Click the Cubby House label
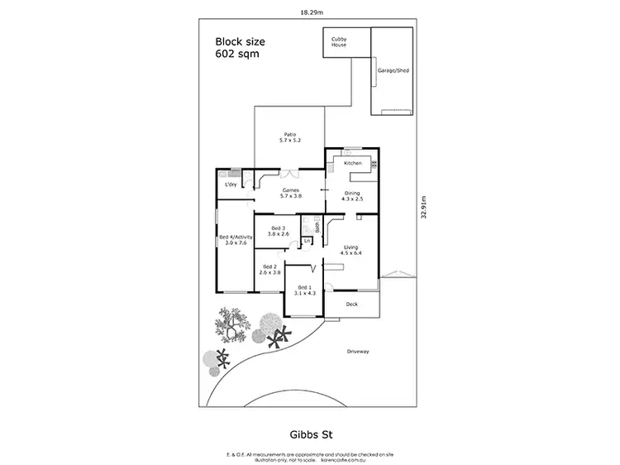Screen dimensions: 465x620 pyautogui.click(x=339, y=42)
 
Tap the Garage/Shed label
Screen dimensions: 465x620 pyautogui.click(x=393, y=71)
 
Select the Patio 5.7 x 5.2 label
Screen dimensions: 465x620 pyautogui.click(x=290, y=137)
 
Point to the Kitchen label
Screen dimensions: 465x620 pyautogui.click(x=353, y=164)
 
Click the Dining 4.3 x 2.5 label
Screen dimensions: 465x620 pyautogui.click(x=353, y=195)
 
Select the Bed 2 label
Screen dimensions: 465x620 pyautogui.click(x=269, y=269)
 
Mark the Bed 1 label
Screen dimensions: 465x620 pyautogui.click(x=305, y=290)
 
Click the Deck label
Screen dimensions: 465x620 pyautogui.click(x=352, y=304)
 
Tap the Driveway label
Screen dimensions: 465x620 pyautogui.click(x=358, y=352)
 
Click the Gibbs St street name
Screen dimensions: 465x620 pyautogui.click(x=309, y=431)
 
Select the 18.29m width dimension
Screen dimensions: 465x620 pyautogui.click(x=310, y=12)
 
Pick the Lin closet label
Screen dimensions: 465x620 pyautogui.click(x=307, y=241)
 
